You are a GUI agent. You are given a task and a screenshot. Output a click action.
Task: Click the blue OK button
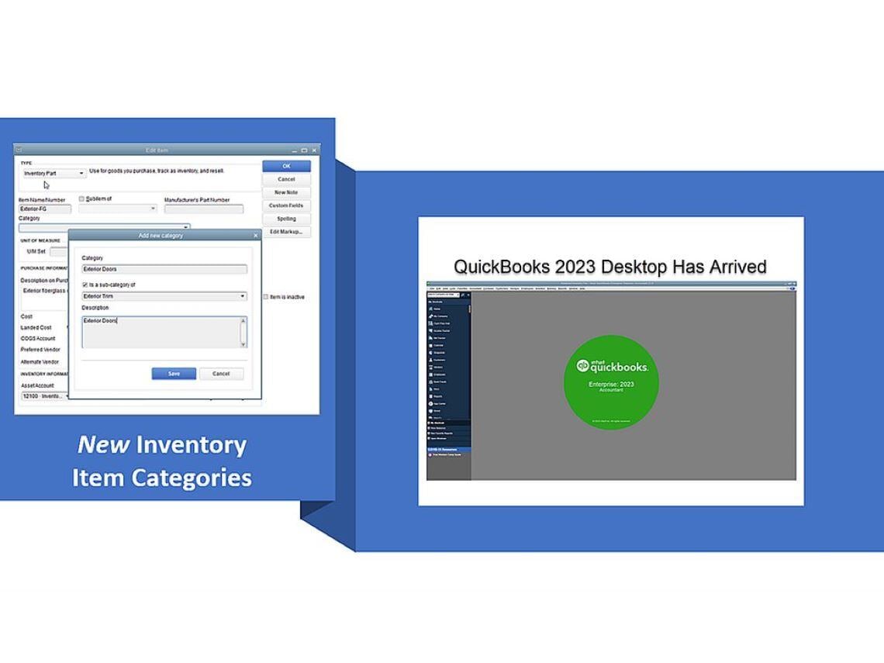pyautogui.click(x=286, y=166)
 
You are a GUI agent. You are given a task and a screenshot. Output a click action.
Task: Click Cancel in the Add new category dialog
pyautogui.click(x=221, y=374)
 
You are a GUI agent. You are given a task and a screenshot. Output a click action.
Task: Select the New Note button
pyautogui.click(x=286, y=192)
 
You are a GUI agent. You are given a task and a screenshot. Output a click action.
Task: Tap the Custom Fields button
pyautogui.click(x=286, y=205)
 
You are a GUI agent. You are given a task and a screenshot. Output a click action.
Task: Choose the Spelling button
pyautogui.click(x=286, y=219)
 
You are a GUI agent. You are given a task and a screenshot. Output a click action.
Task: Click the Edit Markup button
pyautogui.click(x=286, y=232)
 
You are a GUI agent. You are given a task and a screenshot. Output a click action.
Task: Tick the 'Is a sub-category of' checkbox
pyautogui.click(x=85, y=285)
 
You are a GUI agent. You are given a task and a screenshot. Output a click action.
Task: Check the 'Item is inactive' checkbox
pyautogui.click(x=265, y=297)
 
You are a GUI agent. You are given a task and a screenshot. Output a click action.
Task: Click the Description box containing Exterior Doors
pyautogui.click(x=164, y=332)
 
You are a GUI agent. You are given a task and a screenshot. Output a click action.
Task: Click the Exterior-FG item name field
pyautogui.click(x=45, y=209)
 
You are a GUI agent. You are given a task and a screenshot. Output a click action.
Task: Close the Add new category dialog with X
pyautogui.click(x=256, y=236)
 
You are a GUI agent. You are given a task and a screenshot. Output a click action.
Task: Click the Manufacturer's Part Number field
pyautogui.click(x=204, y=209)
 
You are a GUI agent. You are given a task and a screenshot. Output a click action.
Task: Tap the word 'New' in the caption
pyautogui.click(x=102, y=444)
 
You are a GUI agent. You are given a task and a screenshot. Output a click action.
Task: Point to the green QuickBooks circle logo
pyautogui.click(x=611, y=382)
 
